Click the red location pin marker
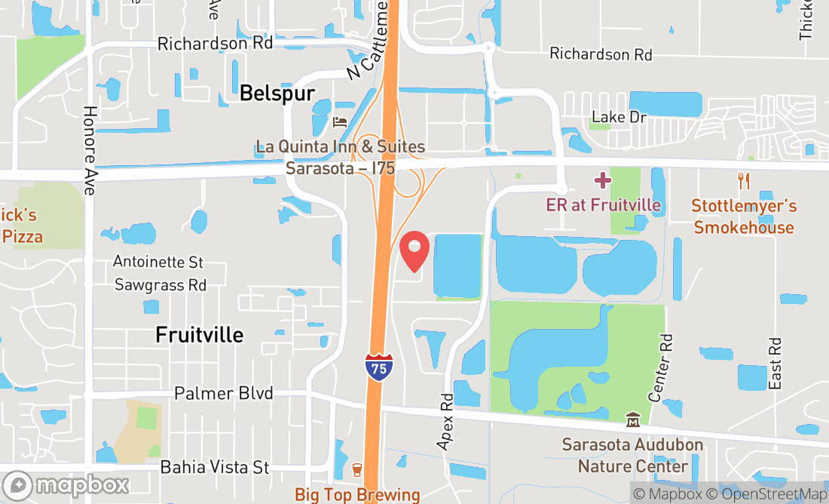[x=414, y=251]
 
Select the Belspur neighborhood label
[x=277, y=93]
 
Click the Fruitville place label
[x=200, y=334]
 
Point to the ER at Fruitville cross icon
[x=602, y=180]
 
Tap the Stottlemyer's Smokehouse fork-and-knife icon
[x=744, y=180]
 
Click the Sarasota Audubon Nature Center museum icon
[x=632, y=419]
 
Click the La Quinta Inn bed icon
[x=340, y=121]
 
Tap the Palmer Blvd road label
[x=223, y=394]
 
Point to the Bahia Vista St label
[x=215, y=468]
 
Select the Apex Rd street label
[x=447, y=422]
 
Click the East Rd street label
[x=776, y=363]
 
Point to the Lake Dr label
[x=619, y=117]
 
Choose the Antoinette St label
[x=158, y=263]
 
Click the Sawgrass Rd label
[x=161, y=285]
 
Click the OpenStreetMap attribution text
[x=772, y=494]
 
